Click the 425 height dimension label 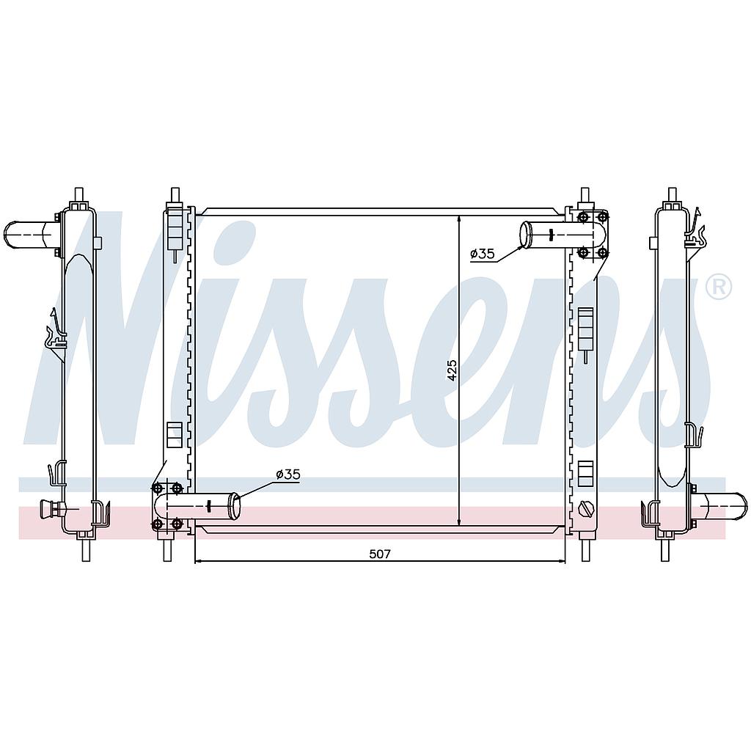click(x=452, y=370)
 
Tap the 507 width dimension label click(x=380, y=554)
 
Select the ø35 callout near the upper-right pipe click(x=483, y=253)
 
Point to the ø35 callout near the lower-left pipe click(x=287, y=475)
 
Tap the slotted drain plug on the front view click(x=586, y=508)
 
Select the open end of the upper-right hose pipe click(x=527, y=235)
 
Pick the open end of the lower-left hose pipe click(x=234, y=506)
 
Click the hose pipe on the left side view click(x=29, y=235)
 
